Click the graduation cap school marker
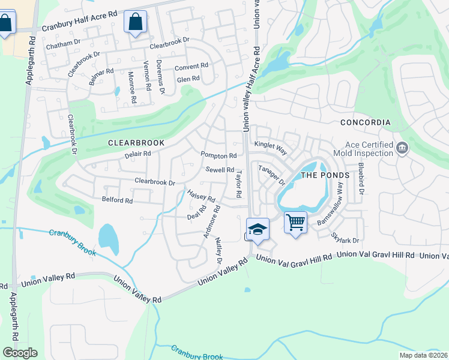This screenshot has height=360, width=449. tap(257, 230)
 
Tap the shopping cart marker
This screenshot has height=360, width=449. tap(295, 223)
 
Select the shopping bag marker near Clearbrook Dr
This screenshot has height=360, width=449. tap(135, 22)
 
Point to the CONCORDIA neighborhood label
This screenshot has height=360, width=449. tap(365, 122)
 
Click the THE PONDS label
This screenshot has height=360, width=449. tap(324, 175)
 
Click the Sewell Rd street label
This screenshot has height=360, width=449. tap(220, 170)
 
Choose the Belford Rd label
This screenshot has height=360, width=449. tap(117, 200)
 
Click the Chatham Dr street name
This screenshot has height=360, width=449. tap(62, 43)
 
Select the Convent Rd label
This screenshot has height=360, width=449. tap(191, 65)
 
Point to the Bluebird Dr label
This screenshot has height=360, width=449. tap(361, 178)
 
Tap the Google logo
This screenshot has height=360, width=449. tap(20, 353)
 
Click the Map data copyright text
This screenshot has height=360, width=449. tap(424, 355)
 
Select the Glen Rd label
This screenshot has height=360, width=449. tap(188, 79)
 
